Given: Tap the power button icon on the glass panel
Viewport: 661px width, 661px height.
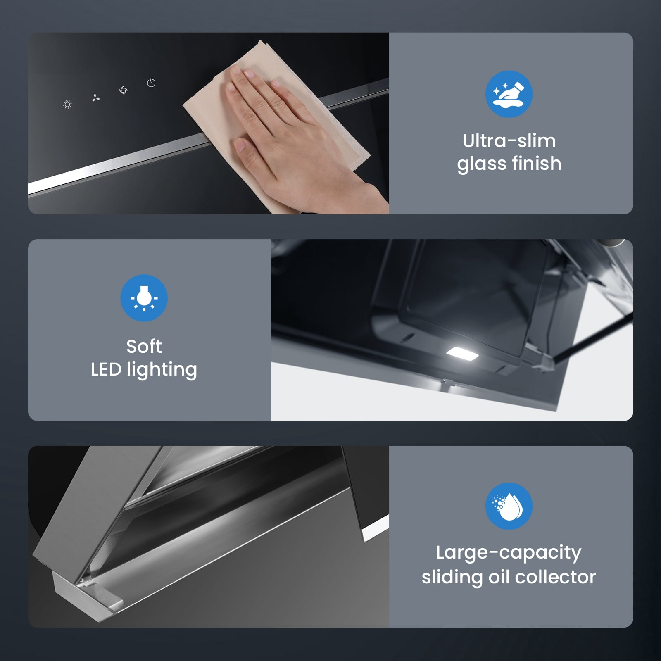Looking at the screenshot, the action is (x=151, y=83).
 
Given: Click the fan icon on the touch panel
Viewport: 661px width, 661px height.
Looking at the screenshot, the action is (x=96, y=98).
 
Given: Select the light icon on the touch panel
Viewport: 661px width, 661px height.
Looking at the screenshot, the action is (x=68, y=105).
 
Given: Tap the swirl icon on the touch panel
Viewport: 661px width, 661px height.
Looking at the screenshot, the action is (x=123, y=90).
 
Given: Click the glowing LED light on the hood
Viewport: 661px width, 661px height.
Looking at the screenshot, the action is (x=462, y=354).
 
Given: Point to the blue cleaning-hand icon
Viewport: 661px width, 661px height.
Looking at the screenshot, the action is (x=509, y=94).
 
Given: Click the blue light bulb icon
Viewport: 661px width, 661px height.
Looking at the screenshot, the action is (x=144, y=298).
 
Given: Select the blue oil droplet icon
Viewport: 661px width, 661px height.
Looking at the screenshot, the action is (x=509, y=506).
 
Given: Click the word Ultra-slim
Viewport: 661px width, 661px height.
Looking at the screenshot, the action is (x=509, y=141).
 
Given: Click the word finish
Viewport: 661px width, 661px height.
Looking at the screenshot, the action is (x=536, y=163).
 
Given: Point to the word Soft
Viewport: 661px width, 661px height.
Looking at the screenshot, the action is (x=144, y=346).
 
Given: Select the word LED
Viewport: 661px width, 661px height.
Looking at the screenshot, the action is (x=106, y=369).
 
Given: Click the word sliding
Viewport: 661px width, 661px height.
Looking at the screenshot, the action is (x=452, y=577).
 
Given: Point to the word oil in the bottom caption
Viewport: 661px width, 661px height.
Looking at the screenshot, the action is (x=499, y=577).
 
